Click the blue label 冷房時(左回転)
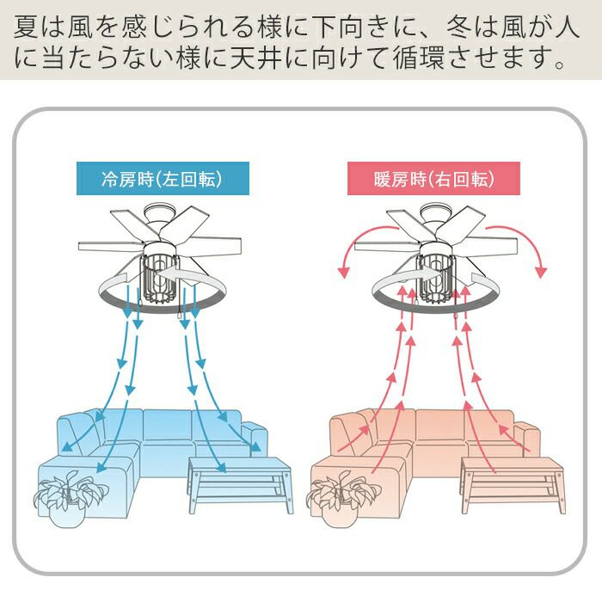163,180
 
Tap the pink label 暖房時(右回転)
433,180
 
